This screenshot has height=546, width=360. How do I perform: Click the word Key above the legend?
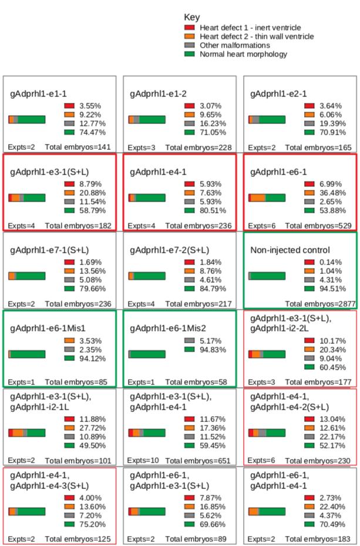[191, 18]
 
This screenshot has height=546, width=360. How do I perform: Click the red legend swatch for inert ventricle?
[189, 28]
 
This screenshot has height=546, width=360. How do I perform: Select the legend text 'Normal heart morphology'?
[243, 54]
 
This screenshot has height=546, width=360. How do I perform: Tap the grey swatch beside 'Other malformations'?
[189, 45]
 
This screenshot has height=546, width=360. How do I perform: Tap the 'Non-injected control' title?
[290, 250]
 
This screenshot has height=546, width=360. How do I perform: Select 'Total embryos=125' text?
[78, 538]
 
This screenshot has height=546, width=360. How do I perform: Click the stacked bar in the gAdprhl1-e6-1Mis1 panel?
[27, 354]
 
